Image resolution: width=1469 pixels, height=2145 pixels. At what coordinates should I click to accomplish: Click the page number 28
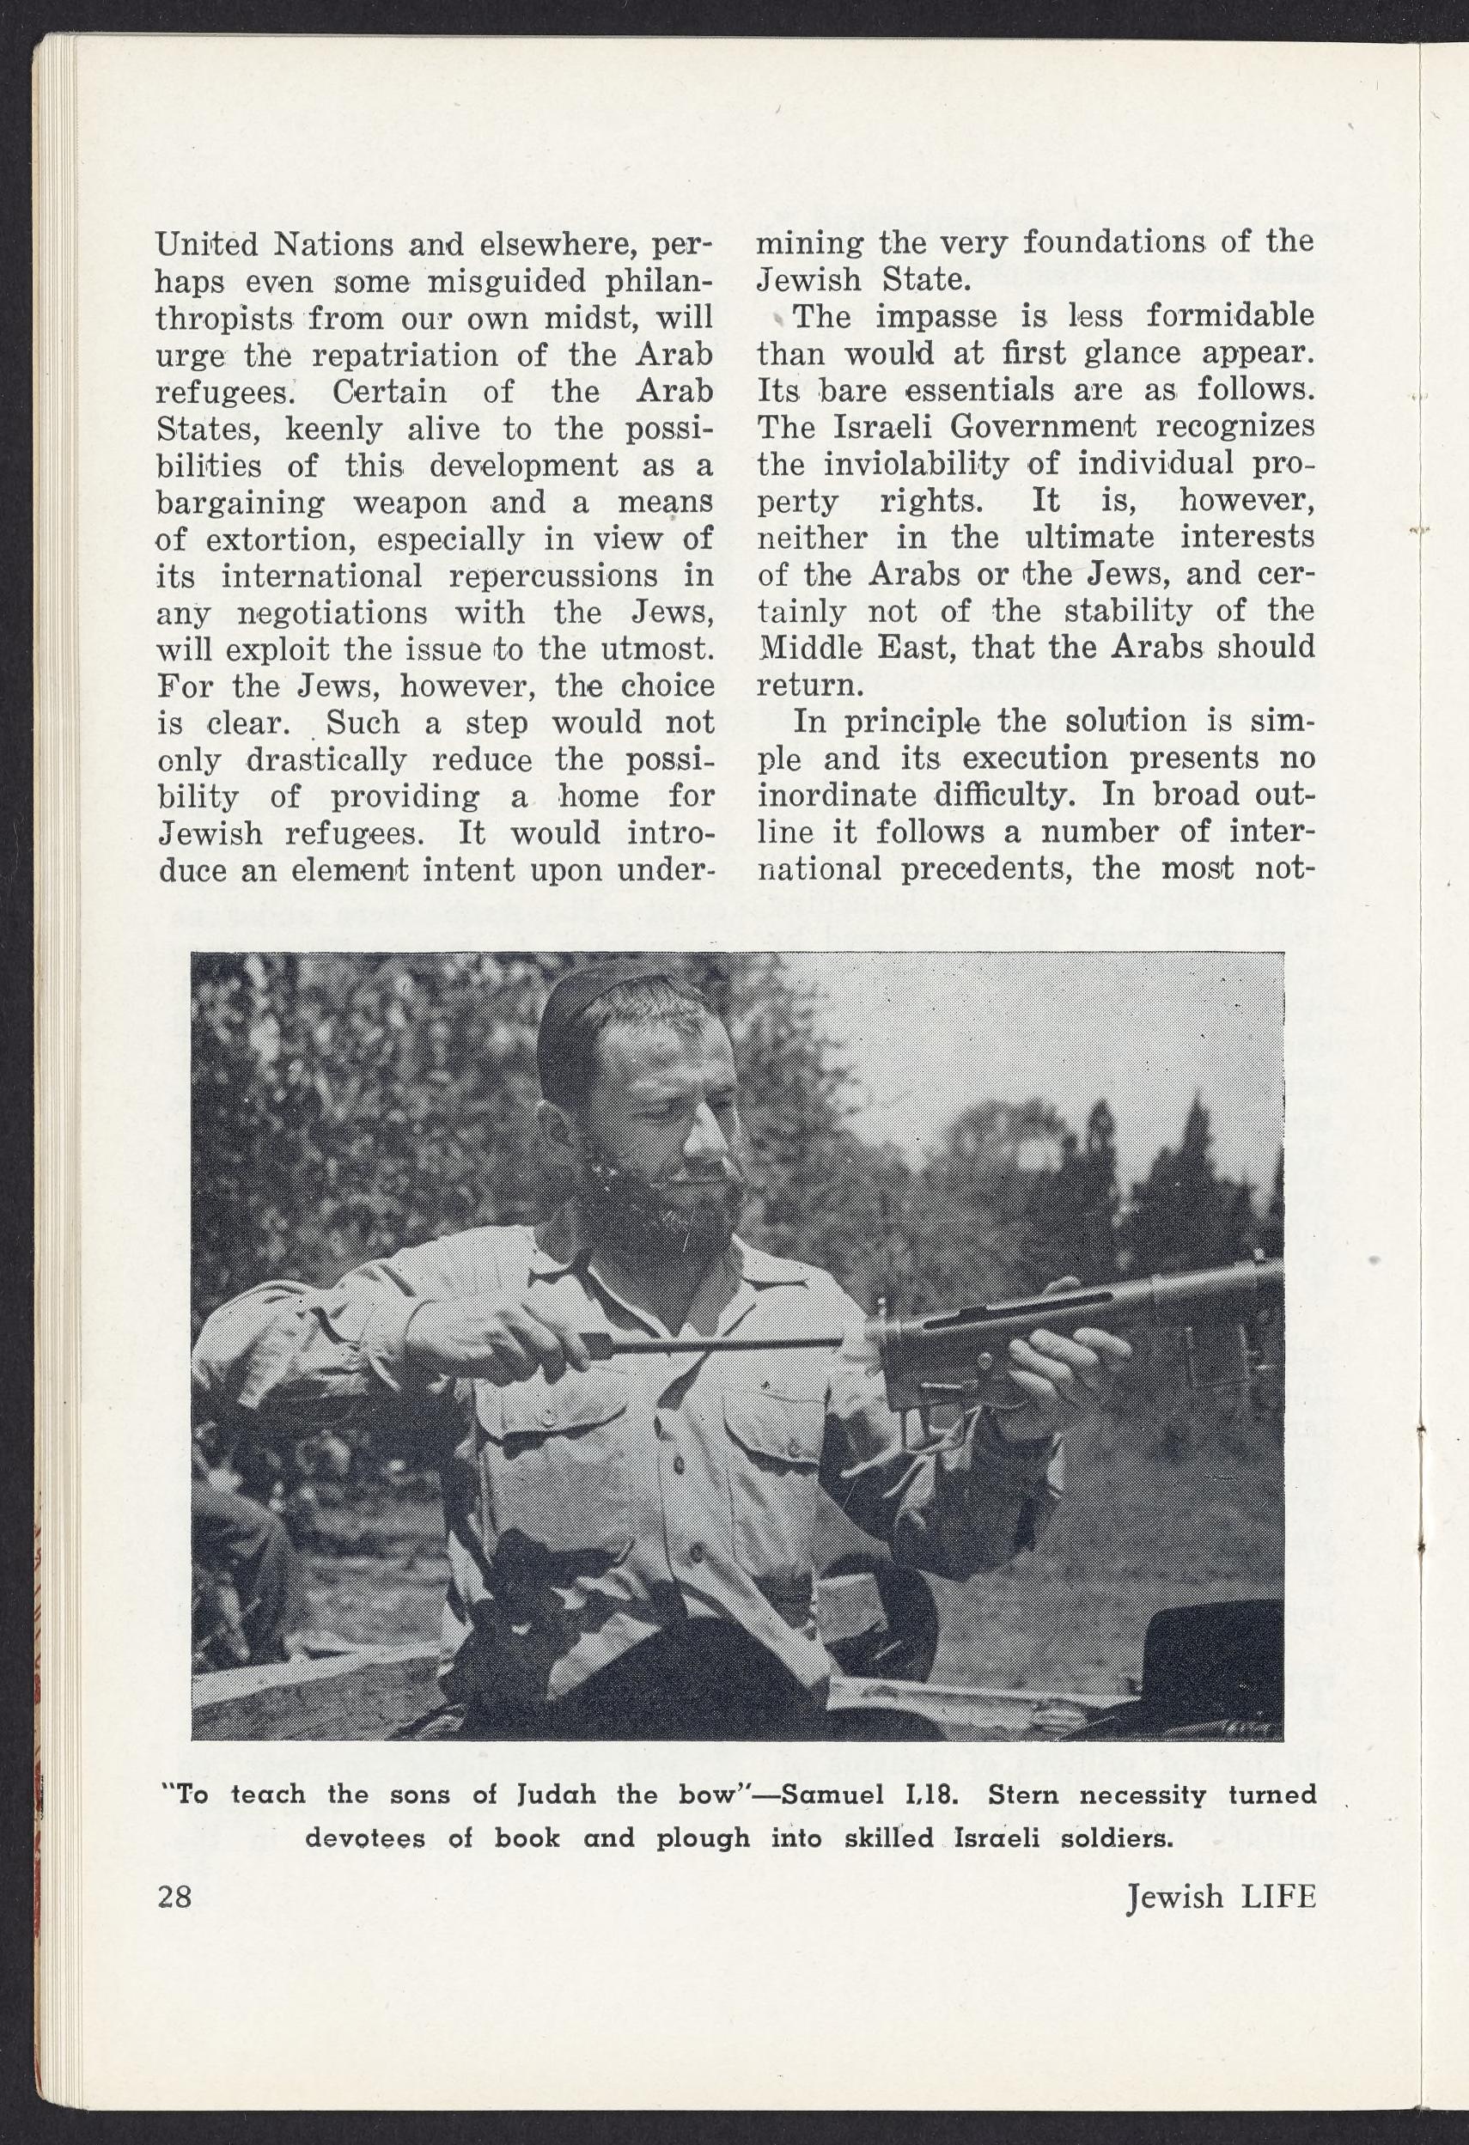point(174,1897)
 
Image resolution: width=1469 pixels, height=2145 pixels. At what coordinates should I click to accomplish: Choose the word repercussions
point(552,577)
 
